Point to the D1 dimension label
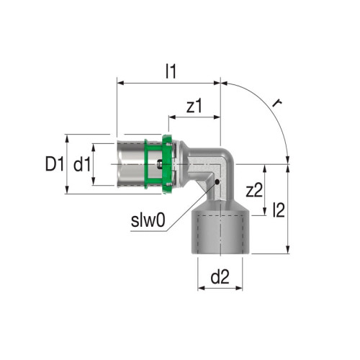[51, 164]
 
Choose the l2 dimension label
[279, 209]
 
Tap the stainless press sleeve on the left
[132, 165]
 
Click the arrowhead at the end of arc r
[289, 159]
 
